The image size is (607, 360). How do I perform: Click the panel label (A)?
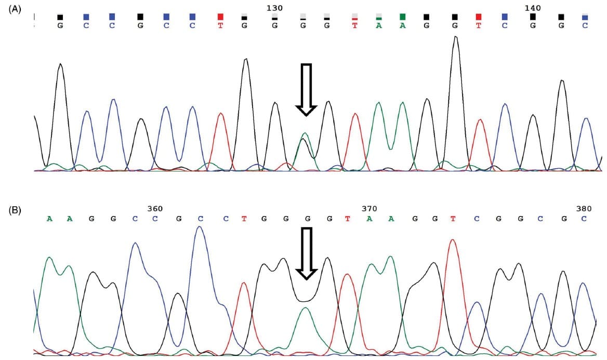15,8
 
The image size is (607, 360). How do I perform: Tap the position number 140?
533,8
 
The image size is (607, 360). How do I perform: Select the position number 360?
155,208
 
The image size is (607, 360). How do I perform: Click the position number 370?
369,208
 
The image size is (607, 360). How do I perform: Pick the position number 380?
584,208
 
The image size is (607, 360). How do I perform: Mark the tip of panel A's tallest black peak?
456,37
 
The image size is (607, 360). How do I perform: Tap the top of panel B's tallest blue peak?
200,227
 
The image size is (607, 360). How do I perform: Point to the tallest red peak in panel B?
453,240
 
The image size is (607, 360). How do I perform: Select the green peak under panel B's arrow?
306,308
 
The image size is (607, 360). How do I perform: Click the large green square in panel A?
402,17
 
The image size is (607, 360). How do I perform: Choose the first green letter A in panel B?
49,219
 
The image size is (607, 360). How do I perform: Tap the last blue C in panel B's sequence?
584,219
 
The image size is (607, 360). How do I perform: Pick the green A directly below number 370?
370,219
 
